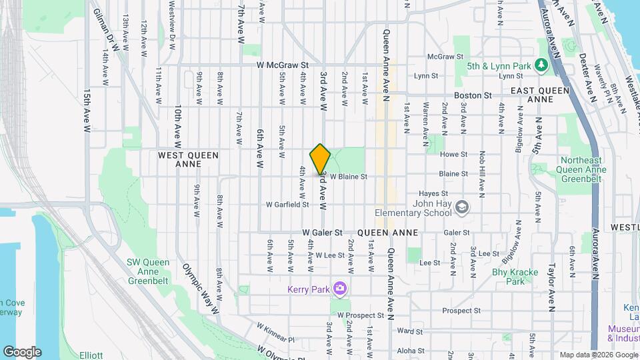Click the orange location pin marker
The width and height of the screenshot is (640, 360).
point(321,159)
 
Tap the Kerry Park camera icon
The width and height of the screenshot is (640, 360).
point(340,288)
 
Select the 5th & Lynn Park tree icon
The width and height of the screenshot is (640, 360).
point(541,65)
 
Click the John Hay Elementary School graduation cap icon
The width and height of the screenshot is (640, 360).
point(461,209)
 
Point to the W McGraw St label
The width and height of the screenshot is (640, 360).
point(283,65)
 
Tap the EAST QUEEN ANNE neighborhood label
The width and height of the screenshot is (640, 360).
point(539,94)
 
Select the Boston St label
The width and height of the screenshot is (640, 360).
point(473,95)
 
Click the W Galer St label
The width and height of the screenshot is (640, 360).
point(322,233)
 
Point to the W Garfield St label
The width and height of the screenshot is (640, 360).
point(287,205)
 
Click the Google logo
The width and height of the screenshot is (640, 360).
point(22,351)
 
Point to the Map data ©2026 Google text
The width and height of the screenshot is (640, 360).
point(598,354)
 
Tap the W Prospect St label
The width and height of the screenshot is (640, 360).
point(360,315)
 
